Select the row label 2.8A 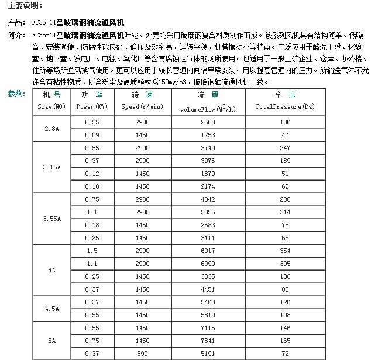pyautogui.click(x=52, y=129)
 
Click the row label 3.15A pyautogui.click(x=52, y=167)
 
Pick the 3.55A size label pyautogui.click(x=52, y=219)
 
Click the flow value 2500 pyautogui.click(x=208, y=122)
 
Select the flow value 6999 pyautogui.click(x=208, y=264)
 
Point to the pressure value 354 pyautogui.click(x=285, y=251)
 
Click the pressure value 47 pyautogui.click(x=285, y=135)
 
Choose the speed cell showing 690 pyautogui.click(x=142, y=354)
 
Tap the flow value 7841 pyautogui.click(x=208, y=341)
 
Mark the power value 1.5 pyautogui.click(x=92, y=251)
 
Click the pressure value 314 pyautogui.click(x=285, y=212)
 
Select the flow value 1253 pyautogui.click(x=208, y=135)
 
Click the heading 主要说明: pyautogui.click(x=25, y=6)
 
